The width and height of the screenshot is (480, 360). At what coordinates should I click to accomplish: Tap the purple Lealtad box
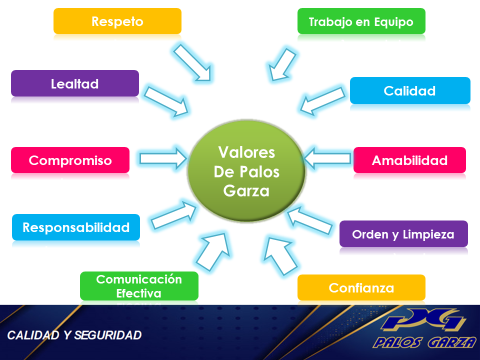point(74,84)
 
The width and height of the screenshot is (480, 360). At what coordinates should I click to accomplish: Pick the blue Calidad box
point(410,91)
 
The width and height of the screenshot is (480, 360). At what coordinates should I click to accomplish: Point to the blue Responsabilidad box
point(76,227)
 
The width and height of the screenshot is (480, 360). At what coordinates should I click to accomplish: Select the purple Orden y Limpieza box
point(403,234)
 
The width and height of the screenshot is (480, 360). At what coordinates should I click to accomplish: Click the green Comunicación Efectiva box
point(139,285)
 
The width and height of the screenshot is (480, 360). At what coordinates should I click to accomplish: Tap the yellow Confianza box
point(361,289)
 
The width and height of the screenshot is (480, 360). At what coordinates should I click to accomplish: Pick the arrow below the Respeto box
point(192,63)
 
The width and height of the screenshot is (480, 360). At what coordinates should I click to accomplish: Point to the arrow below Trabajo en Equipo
point(286,62)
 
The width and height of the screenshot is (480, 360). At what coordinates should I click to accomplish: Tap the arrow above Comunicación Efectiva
point(212,250)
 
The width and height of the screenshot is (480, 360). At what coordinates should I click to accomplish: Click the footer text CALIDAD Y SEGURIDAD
point(75,334)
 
